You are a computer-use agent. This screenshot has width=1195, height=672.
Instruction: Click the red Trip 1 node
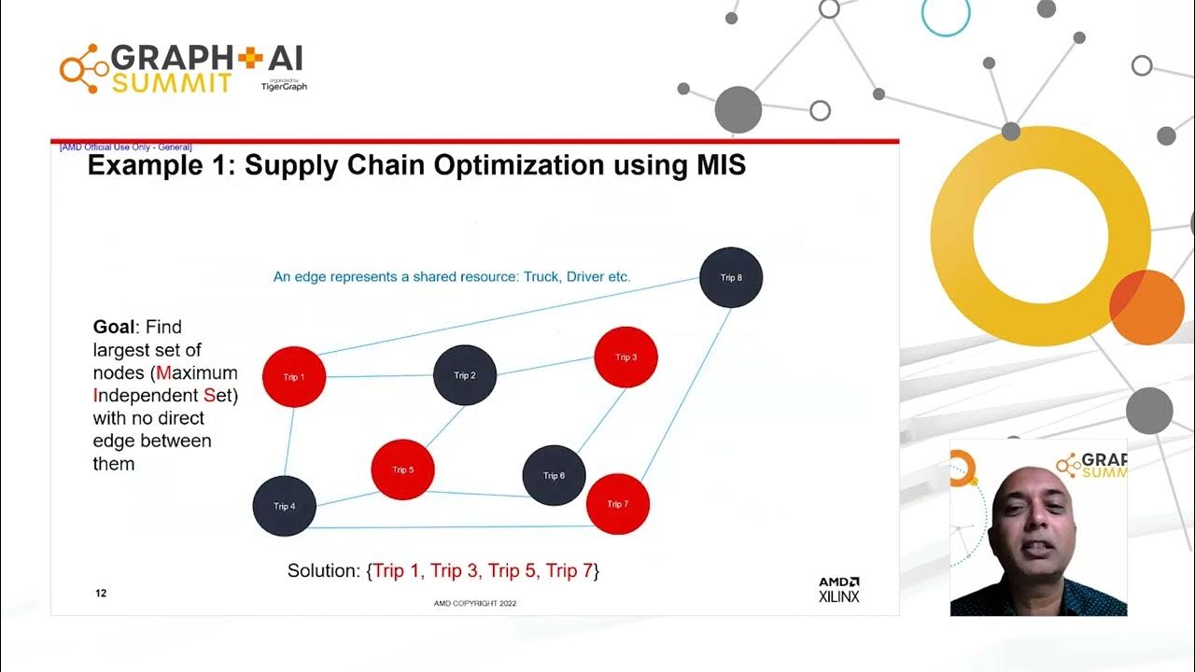click(293, 377)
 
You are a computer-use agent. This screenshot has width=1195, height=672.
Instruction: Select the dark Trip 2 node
click(465, 375)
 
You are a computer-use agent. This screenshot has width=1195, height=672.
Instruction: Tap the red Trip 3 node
click(626, 357)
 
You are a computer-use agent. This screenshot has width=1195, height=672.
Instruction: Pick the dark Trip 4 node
click(285, 506)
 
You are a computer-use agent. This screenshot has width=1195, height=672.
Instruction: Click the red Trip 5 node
click(403, 469)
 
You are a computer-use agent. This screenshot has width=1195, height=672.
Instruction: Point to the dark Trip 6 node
click(554, 476)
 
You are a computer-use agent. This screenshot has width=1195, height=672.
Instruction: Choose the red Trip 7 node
click(618, 504)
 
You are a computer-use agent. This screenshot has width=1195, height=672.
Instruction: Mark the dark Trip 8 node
click(731, 278)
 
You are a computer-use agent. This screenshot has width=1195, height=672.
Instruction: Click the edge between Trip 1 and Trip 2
click(379, 376)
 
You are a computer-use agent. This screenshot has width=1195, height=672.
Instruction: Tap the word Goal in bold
click(111, 328)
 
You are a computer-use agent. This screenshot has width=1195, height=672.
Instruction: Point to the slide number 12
click(101, 594)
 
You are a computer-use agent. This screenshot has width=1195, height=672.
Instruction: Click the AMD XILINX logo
click(838, 589)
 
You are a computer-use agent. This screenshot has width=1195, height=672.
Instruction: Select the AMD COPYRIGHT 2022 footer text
click(474, 603)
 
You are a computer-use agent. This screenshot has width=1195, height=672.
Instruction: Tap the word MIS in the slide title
click(714, 166)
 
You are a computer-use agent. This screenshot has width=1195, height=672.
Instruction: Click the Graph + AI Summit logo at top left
click(183, 68)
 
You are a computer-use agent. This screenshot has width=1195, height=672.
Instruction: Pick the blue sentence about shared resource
click(452, 277)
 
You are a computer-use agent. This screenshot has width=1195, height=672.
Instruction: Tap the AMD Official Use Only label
click(125, 147)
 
